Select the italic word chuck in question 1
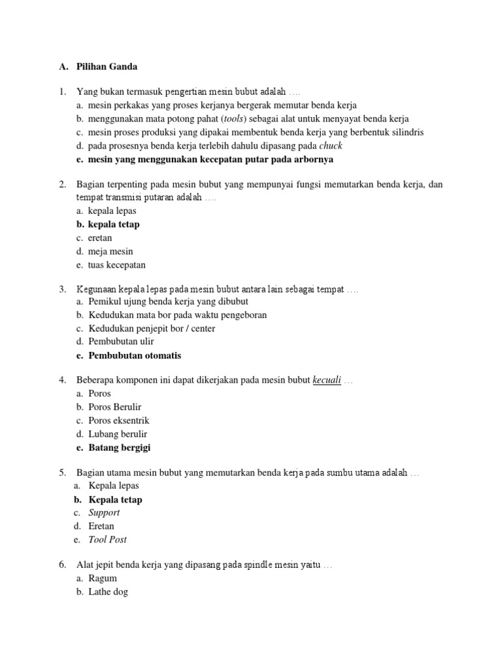click(x=330, y=146)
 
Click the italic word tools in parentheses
click(x=232, y=118)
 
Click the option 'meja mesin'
click(x=110, y=251)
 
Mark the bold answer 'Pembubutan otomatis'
click(x=135, y=356)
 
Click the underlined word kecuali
click(x=327, y=380)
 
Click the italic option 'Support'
click(x=105, y=513)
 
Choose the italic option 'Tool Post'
click(x=108, y=540)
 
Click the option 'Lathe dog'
click(x=108, y=592)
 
